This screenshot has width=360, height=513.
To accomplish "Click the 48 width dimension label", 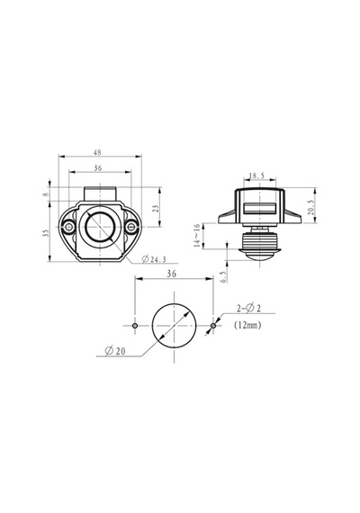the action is (x=97, y=152).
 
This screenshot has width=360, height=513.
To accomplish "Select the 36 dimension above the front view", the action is (x=98, y=167).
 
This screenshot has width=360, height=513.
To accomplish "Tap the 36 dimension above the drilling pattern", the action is (x=172, y=274).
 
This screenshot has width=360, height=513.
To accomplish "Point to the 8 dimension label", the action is (x=46, y=194).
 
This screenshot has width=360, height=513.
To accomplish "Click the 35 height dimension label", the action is (x=46, y=232).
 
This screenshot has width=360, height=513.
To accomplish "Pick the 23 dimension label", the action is (x=156, y=209).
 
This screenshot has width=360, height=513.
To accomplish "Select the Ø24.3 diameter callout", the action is (x=154, y=259).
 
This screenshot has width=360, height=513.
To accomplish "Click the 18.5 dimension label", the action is (x=256, y=175).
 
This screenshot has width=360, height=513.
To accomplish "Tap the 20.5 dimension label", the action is (x=310, y=207).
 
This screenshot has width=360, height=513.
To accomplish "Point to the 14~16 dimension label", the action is (x=196, y=235).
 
